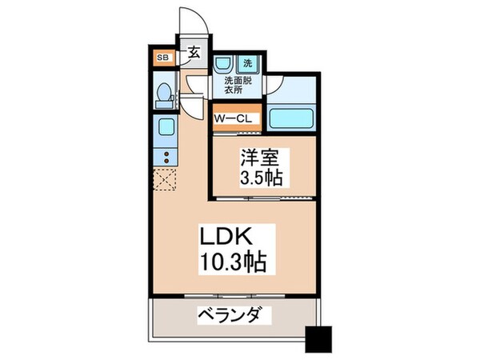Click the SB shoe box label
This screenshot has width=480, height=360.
click(162, 58)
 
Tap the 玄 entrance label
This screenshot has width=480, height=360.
click(194, 55)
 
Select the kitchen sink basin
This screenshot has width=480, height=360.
click(166, 129)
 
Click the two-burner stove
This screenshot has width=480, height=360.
click(166, 155)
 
